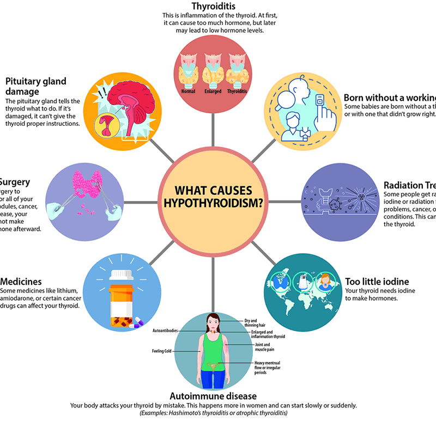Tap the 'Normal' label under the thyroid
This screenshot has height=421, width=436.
point(188,91)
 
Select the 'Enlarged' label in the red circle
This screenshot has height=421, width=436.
point(213,91)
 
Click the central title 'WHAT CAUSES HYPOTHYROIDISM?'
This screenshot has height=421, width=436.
point(213,197)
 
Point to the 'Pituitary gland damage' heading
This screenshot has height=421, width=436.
point(35,87)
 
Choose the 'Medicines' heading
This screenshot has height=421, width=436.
point(21,282)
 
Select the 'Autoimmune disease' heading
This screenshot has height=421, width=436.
point(214,396)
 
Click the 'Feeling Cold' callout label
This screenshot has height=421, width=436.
point(162,351)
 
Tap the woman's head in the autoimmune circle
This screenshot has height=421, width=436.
point(213,323)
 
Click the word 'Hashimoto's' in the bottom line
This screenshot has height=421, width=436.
point(180,413)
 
